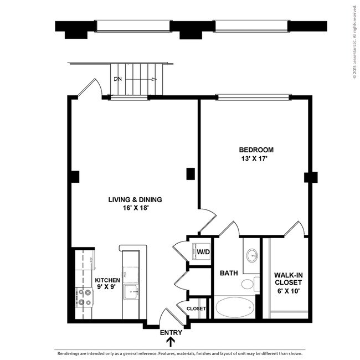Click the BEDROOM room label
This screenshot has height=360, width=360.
[256, 150]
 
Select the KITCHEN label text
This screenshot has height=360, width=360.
[107, 280]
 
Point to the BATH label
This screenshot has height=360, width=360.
[229, 273]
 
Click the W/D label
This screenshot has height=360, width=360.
[203, 253]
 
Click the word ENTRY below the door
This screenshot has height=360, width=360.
[171, 333]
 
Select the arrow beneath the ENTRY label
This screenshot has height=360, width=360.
[171, 342]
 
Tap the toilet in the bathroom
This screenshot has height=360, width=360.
[248, 284]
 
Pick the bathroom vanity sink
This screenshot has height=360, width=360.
[252, 256]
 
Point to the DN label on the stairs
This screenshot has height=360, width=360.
[117, 79]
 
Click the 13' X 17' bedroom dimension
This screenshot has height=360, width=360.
[256, 158]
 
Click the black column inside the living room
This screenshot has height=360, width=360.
[190, 173]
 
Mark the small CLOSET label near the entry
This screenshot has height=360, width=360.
[196, 308]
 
